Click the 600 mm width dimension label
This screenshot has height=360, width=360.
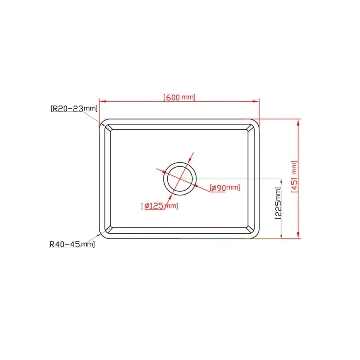[179, 97]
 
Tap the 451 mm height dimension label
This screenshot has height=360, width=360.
[294, 176]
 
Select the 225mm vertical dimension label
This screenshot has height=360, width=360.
[278, 203]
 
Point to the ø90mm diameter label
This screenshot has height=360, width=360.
[225, 188]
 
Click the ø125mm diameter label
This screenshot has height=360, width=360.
[160, 206]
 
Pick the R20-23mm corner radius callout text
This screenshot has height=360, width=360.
[74, 108]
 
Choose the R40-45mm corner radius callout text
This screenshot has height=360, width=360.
[72, 244]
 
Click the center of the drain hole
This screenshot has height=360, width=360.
[180, 179]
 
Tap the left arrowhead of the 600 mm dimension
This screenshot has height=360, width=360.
[102, 101]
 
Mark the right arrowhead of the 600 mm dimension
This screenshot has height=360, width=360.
[256, 101]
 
